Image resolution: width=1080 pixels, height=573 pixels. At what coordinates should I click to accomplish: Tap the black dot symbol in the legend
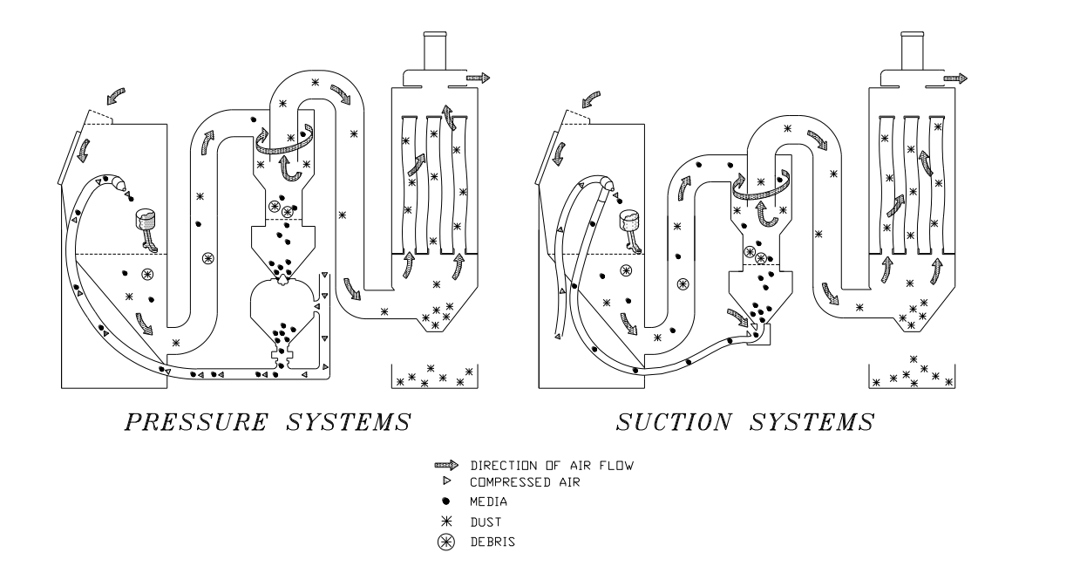(x=446, y=501)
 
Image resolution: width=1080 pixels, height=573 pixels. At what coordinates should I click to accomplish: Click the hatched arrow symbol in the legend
(x=445, y=466)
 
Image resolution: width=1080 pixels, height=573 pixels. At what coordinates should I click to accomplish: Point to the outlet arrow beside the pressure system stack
(x=478, y=78)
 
